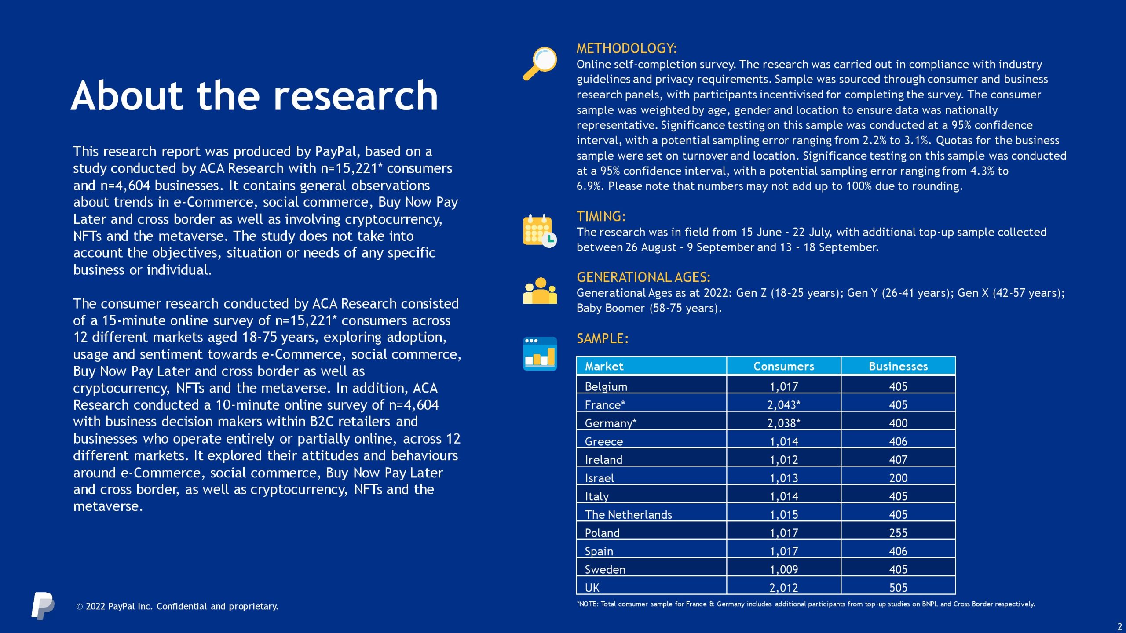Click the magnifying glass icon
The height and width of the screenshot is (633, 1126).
coord(540,63)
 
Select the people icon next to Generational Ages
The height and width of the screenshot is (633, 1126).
coord(540,291)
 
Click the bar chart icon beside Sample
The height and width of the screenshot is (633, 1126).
coord(540,353)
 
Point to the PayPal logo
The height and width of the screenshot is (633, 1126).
coord(43,605)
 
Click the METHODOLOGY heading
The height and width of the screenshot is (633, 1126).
coord(626,48)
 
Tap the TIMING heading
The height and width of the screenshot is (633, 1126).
coord(601,216)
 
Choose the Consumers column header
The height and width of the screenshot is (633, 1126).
coord(783,366)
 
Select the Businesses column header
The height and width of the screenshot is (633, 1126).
coord(898,366)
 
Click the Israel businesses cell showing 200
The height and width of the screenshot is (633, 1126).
coord(898,477)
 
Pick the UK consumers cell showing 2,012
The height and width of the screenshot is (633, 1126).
coord(783,587)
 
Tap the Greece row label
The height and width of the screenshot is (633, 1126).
coord(603,441)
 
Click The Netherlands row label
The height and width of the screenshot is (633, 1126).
coord(628,514)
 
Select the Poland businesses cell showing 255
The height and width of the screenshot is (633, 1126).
coord(898,533)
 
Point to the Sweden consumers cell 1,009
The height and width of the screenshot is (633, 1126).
coord(783,569)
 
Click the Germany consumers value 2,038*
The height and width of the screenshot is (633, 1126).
coord(783,423)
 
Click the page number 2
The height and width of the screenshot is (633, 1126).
coord(1119,627)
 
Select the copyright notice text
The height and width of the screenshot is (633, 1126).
coord(177,606)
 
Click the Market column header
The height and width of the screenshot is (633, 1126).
coord(604,366)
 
